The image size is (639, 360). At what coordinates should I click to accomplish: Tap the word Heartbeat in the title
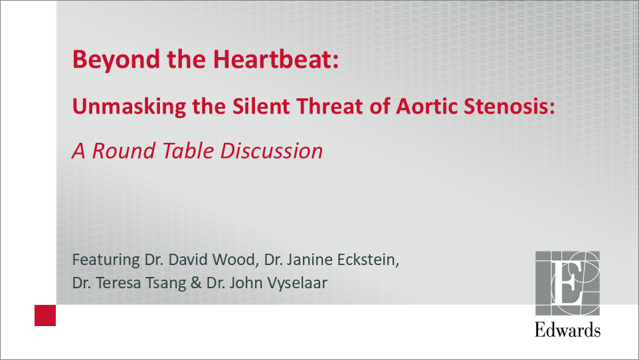(x=276, y=58)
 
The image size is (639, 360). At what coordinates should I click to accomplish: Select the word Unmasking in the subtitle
(x=129, y=107)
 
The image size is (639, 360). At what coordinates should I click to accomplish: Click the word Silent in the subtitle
(x=261, y=106)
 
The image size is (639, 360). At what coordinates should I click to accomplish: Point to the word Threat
(x=329, y=106)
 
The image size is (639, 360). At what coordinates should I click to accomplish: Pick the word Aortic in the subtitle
(x=426, y=106)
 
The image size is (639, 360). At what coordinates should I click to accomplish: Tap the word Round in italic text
(x=124, y=150)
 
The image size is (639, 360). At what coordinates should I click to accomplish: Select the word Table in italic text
(x=188, y=150)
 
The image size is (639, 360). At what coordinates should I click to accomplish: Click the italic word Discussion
(x=272, y=150)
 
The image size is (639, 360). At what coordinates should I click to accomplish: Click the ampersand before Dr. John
(x=196, y=283)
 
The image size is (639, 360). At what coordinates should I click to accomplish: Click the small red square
(x=45, y=315)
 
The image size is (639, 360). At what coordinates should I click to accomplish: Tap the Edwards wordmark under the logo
(x=567, y=329)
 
